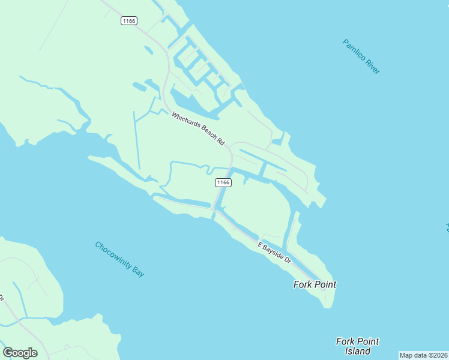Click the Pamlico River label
click(361, 56)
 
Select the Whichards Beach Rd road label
click(197, 129)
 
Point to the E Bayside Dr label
click(274, 253)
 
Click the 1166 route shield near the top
click(129, 21)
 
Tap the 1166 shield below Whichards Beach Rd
click(223, 182)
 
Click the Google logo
click(20, 352)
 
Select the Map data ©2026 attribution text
click(423, 355)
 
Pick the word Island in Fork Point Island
click(358, 351)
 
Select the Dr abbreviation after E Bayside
click(287, 261)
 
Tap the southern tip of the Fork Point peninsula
click(327, 306)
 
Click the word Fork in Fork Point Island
click(346, 341)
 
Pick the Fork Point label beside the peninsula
click(315, 284)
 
